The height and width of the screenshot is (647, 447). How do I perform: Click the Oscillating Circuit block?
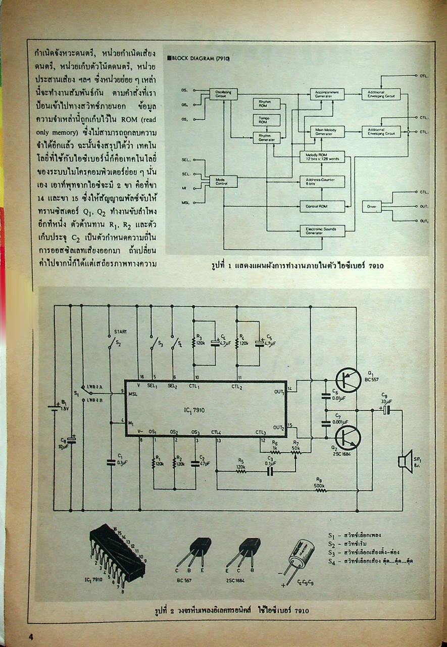(x=223, y=94)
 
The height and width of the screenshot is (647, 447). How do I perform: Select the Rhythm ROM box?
(x=266, y=104)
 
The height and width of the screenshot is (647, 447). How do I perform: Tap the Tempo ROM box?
(x=266, y=120)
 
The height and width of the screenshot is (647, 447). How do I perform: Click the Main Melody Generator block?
(x=327, y=131)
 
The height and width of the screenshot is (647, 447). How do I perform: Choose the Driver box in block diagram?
(x=372, y=206)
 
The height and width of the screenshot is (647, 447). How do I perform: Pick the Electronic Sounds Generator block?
(x=322, y=231)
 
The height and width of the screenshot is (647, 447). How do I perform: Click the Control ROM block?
(x=322, y=206)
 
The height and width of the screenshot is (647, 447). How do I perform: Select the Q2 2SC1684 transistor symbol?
(x=348, y=438)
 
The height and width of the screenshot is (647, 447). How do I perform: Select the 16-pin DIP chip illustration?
(x=118, y=554)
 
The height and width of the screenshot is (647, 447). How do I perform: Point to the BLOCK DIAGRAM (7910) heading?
(x=198, y=59)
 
